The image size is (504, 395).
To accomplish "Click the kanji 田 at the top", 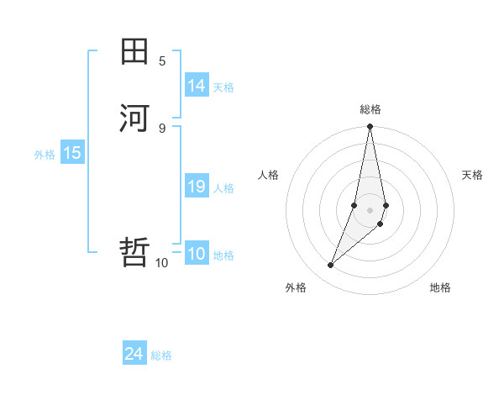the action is [134, 52].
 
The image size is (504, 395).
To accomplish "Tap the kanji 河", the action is [134, 118].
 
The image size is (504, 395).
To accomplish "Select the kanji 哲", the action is [134, 251].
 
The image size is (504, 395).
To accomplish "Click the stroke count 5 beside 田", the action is [162, 61].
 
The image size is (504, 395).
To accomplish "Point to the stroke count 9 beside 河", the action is [162, 127].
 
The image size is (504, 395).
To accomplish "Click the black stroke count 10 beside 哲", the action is [161, 263].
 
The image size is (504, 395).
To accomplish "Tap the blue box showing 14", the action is [197, 86].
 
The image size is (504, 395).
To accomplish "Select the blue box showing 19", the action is [197, 187].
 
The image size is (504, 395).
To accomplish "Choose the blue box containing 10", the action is [197, 255].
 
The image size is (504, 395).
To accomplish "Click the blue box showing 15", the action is [72, 153].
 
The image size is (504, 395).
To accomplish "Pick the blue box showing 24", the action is [134, 354].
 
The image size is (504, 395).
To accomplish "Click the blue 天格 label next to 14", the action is [223, 87].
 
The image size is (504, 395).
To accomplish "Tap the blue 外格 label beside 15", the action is [45, 154].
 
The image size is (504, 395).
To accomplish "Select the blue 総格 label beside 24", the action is [161, 355].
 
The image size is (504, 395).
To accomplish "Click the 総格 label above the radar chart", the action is [370, 109].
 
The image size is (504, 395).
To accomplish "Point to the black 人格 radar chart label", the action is [269, 175].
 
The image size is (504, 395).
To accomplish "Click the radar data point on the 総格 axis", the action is [370, 127].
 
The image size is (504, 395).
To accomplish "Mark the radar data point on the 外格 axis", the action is [331, 265].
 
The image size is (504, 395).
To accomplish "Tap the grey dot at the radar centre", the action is [370, 209].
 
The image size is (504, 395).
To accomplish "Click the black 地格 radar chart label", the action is [440, 287].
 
